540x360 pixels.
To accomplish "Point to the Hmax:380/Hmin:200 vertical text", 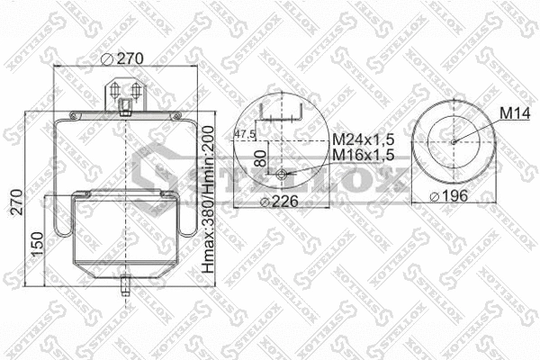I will coord(208,203).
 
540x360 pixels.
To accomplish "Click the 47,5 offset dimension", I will coord(245,134).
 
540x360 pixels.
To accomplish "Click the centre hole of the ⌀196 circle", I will coord(455,139).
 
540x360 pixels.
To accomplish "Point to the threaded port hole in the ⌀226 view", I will coord(283,175).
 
